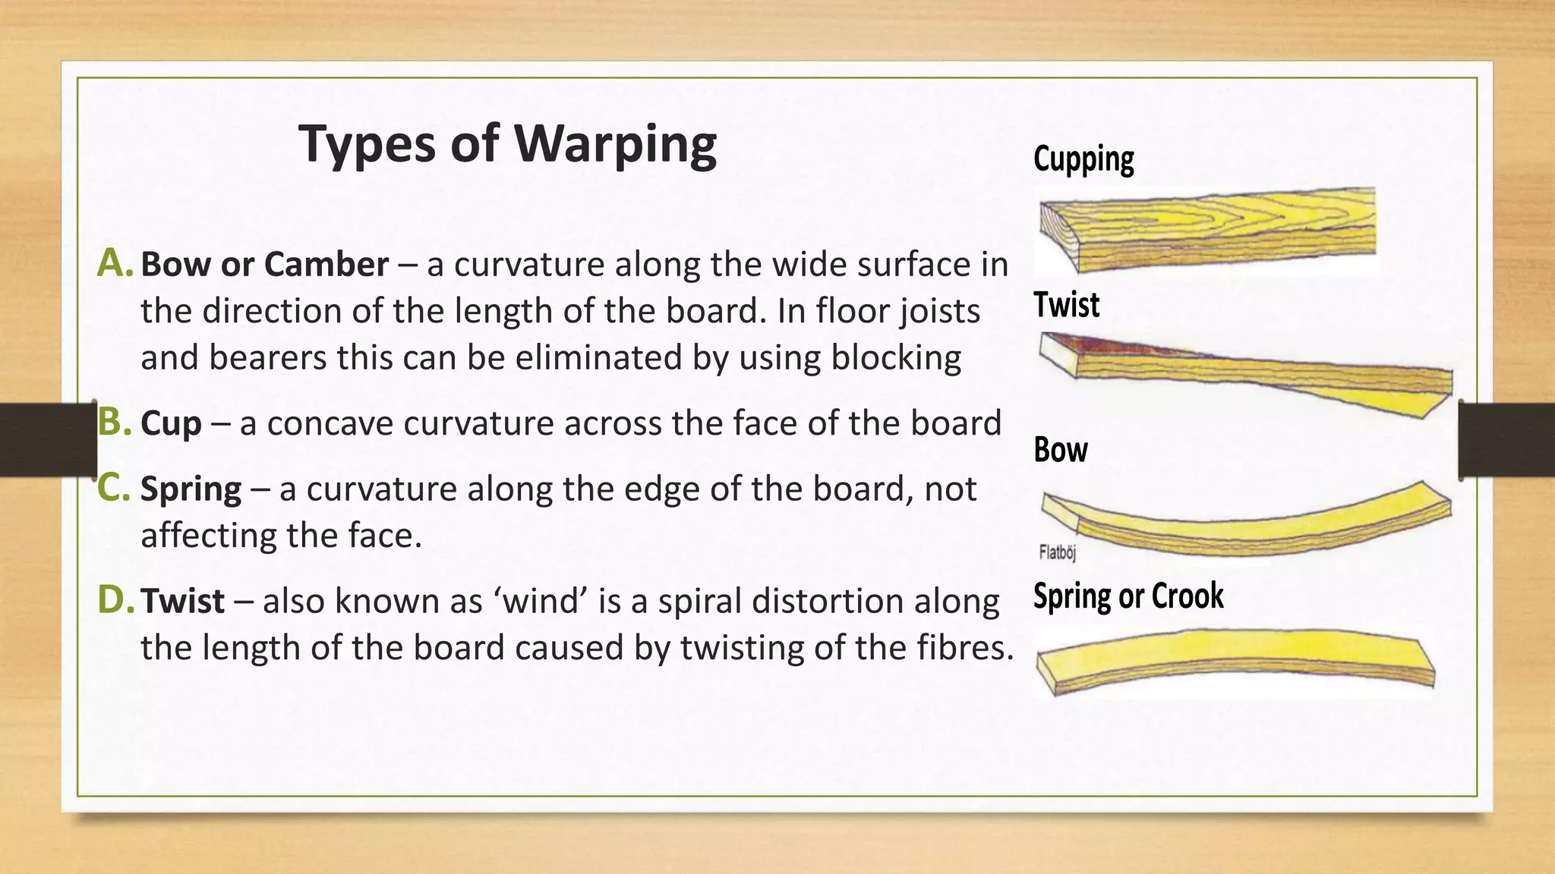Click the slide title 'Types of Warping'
(507, 144)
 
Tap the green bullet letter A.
(115, 263)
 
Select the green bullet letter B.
(115, 423)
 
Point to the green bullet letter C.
(114, 488)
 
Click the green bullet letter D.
(115, 600)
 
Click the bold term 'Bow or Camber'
(264, 264)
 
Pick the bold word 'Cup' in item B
(171, 423)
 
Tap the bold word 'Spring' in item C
(191, 489)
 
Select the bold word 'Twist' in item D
(182, 601)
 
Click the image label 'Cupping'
(1083, 159)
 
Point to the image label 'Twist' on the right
(1066, 305)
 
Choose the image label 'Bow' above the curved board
(1060, 450)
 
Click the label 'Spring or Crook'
(1128, 596)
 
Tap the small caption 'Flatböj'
(1057, 552)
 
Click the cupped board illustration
(1207, 230)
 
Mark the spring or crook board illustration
(1235, 659)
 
